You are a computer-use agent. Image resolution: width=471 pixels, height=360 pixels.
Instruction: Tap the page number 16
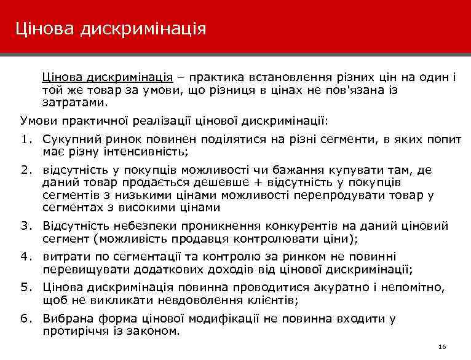point(443,347)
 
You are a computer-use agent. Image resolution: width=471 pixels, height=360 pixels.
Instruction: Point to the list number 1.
point(25,139)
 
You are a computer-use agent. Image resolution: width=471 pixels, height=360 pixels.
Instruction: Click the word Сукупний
point(68,139)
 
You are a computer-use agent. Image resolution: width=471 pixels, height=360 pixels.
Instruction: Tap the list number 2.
point(25,170)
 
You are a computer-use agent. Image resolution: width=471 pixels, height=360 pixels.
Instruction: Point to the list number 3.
point(25,225)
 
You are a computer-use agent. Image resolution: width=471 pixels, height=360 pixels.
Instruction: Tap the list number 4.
point(25,256)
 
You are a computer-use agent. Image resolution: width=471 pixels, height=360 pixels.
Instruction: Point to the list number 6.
point(25,318)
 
